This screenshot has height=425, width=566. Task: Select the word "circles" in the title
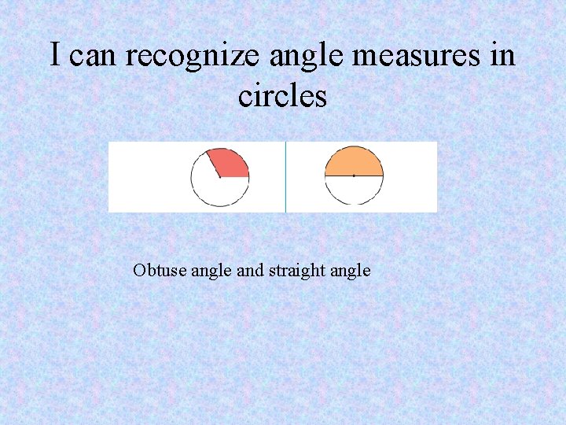click(x=282, y=96)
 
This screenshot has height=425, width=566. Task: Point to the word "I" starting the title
click(x=55, y=56)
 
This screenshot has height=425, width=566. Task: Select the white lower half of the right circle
click(x=354, y=190)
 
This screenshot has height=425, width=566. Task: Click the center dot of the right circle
click(x=354, y=176)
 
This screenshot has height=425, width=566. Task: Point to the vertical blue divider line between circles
click(x=285, y=177)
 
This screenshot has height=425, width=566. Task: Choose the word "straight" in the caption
click(x=297, y=271)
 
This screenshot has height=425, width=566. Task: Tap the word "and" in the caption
click(x=250, y=271)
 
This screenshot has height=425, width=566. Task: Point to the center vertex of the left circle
click(x=220, y=177)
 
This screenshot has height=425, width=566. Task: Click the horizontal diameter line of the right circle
click(x=369, y=176)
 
